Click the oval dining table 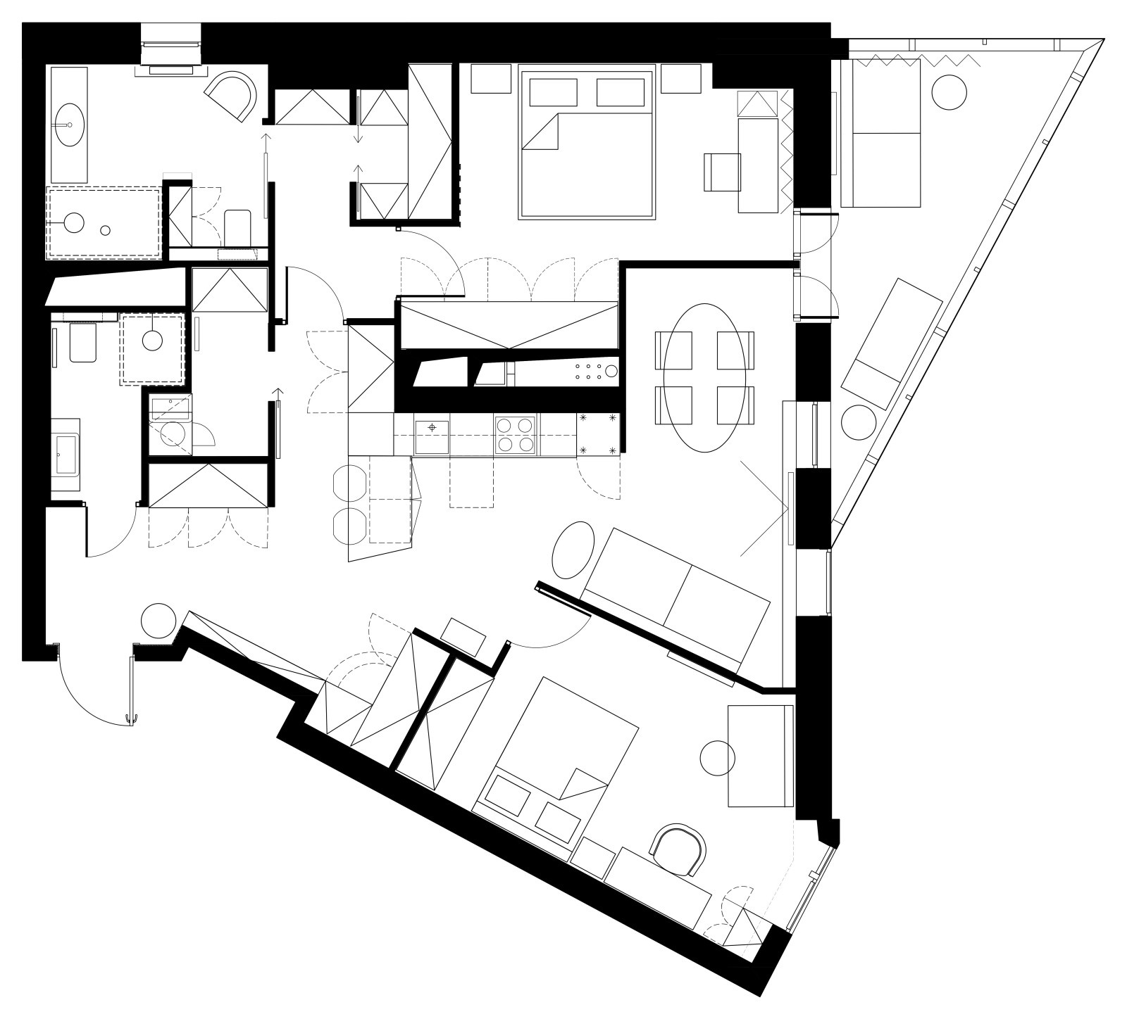click(x=704, y=378)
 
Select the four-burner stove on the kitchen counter click(x=514, y=435)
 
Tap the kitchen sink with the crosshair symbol click(x=432, y=435)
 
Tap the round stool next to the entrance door click(x=158, y=619)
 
